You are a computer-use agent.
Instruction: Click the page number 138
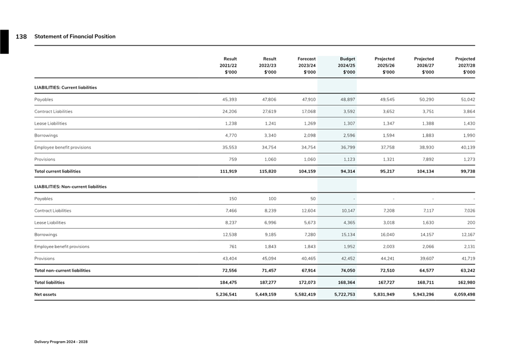[x=21, y=37]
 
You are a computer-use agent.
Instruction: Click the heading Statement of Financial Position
[x=75, y=37]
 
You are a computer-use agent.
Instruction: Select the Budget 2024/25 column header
[x=347, y=65]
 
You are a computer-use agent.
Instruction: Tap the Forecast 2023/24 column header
[x=306, y=65]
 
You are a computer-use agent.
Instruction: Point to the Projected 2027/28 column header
[x=465, y=65]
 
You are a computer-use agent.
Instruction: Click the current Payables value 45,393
[x=229, y=100]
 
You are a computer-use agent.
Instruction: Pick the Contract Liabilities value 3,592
[x=348, y=112]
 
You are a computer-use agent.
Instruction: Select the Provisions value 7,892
[x=426, y=160]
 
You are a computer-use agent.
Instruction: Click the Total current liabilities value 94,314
[x=348, y=171]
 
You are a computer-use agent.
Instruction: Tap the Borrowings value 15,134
[x=348, y=235]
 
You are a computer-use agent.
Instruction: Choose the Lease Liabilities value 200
[x=471, y=223]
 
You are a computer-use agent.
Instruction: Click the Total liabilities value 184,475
[x=227, y=283]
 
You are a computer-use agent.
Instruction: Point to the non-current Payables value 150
[x=233, y=199]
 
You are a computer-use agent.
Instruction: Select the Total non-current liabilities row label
[x=62, y=270]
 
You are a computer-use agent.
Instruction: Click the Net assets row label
[x=45, y=294]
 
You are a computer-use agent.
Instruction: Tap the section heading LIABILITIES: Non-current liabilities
[x=70, y=187]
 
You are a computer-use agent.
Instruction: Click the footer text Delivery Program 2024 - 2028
[x=61, y=342]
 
